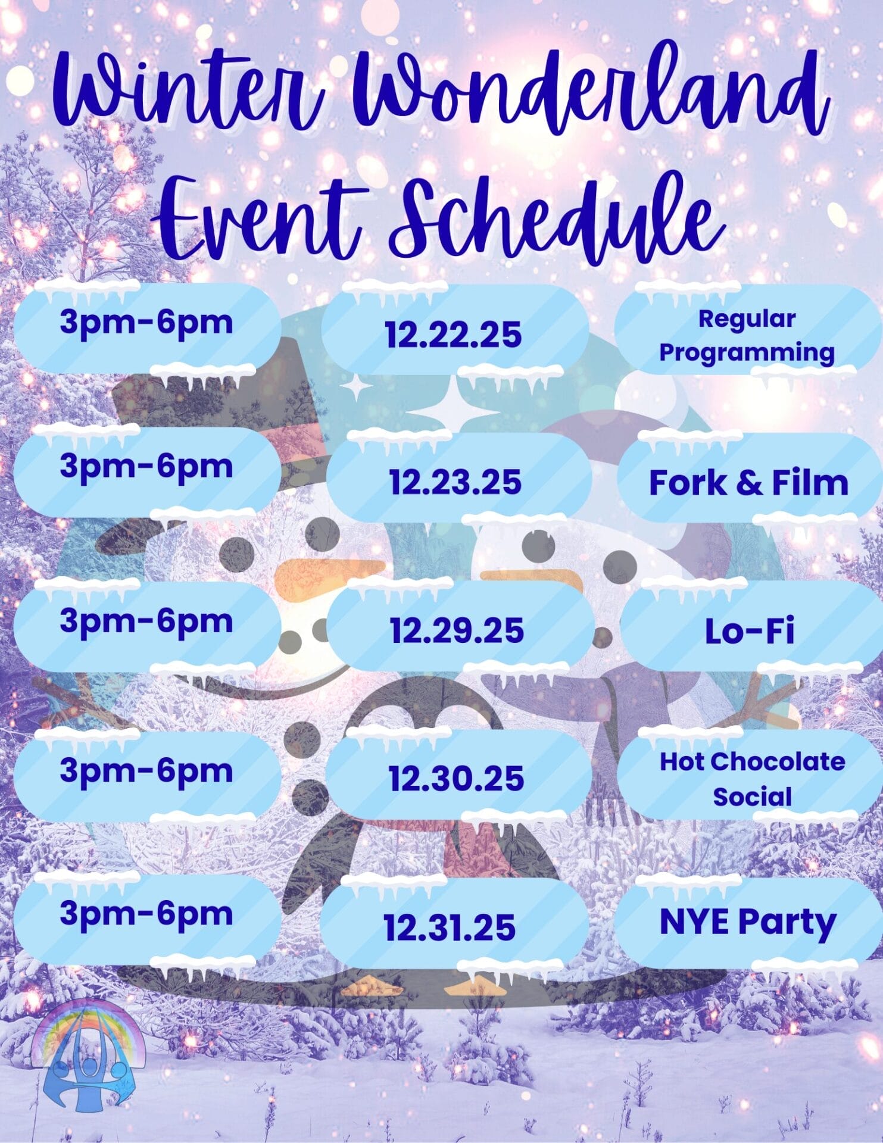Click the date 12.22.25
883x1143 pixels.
coord(453,334)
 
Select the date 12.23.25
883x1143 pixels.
coord(455,482)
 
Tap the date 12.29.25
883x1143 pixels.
coord(457,630)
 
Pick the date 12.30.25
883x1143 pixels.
coord(456,778)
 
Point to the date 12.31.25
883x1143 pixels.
coord(450,927)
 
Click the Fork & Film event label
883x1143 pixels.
coord(748,482)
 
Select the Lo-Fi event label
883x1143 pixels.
coord(750,631)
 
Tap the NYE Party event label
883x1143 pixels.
coord(748,923)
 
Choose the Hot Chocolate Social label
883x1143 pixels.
coord(752,779)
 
